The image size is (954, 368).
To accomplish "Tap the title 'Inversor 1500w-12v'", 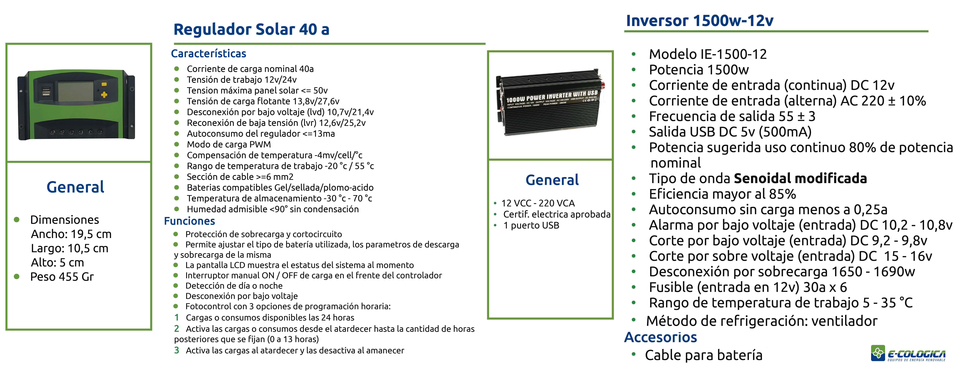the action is [700, 21].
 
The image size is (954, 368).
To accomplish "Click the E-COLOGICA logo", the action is [908, 353].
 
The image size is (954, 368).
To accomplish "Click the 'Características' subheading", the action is [208, 54].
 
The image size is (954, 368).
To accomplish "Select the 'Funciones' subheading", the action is [190, 221].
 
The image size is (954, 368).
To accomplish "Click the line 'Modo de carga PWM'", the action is [229, 145].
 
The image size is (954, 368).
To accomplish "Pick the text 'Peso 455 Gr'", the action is [62, 277].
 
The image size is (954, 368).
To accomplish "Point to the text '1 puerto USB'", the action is [531, 225].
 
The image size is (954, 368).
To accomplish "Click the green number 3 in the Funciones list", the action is [177, 350].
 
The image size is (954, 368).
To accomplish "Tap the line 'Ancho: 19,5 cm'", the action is [71, 234].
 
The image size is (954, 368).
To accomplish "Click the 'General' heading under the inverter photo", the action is [552, 180].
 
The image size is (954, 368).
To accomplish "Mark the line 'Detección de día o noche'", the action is [234, 286].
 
